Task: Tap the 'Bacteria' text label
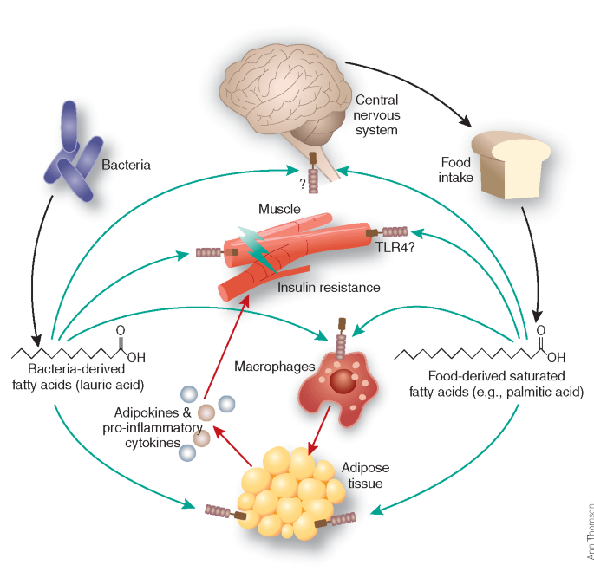click(x=127, y=164)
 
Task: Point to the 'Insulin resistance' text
click(x=329, y=286)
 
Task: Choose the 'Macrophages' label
click(x=267, y=367)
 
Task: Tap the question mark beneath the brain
click(x=301, y=183)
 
